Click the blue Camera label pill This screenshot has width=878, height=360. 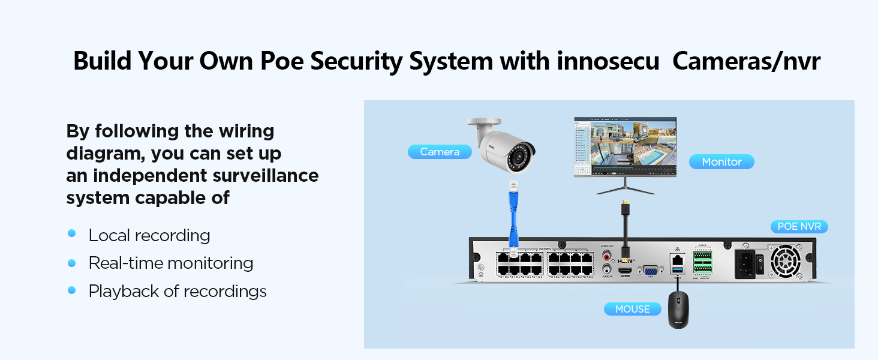(x=440, y=152)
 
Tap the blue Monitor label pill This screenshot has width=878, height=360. (x=721, y=162)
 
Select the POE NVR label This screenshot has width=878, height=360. (x=799, y=227)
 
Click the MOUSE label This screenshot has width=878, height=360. (x=632, y=309)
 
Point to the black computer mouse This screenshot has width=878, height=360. (x=678, y=311)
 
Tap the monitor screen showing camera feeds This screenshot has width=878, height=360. (x=625, y=146)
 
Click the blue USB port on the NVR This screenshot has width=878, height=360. (x=678, y=273)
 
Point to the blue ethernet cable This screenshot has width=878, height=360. (x=513, y=213)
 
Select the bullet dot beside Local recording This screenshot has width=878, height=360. (x=72, y=233)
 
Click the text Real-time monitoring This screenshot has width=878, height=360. (x=171, y=263)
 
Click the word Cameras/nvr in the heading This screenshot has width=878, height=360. (x=746, y=62)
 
